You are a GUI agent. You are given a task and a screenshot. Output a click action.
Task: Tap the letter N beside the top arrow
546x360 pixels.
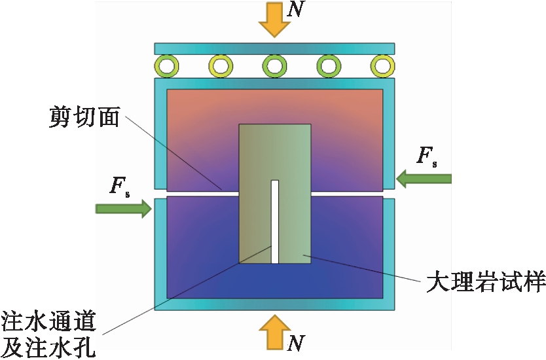(297, 11)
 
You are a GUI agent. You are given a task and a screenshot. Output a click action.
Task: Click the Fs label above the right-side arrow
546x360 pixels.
(426, 155)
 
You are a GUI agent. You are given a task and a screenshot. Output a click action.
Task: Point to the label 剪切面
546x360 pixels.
(84, 117)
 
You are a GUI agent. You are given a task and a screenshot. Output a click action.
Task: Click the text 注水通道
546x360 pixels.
(50, 323)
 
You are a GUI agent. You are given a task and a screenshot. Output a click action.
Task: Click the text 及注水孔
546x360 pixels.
(50, 347)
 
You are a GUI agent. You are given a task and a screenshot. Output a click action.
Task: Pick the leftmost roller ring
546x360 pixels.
(167, 65)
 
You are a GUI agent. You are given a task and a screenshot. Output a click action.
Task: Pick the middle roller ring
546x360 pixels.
(274, 65)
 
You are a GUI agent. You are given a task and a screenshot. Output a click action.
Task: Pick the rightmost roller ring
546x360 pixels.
(381, 65)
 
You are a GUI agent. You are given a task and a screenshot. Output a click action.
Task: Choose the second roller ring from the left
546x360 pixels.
(221, 65)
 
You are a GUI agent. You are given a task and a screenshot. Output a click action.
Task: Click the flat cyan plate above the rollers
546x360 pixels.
(274, 48)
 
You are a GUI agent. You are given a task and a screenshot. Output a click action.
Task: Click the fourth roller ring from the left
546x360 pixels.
(327, 65)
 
